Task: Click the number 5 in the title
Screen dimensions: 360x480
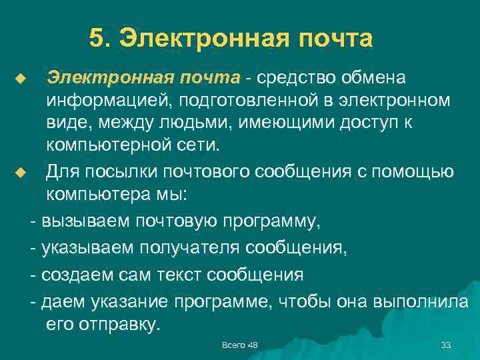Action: (96, 39)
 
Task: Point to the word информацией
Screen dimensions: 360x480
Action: (102, 102)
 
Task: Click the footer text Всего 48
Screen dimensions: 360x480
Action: (239, 345)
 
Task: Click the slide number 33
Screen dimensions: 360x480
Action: (446, 345)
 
